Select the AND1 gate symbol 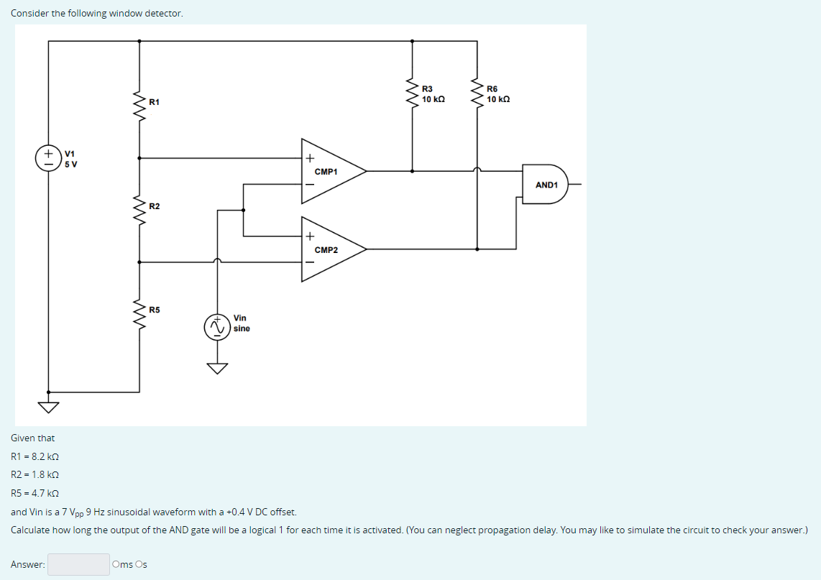pos(545,185)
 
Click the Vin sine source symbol pos(216,328)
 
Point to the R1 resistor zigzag pos(139,106)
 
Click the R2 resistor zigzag pos(139,209)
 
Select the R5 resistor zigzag pos(139,313)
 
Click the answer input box pos(78,564)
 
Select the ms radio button pos(116,564)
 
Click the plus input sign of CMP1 pos(310,159)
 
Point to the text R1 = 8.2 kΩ pos(35,456)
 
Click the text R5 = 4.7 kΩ pos(35,493)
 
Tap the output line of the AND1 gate pos(575,185)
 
